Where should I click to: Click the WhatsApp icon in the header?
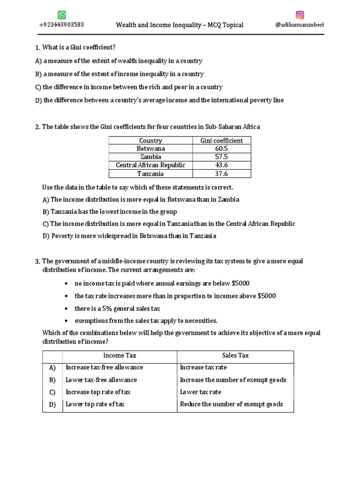tap(62, 15)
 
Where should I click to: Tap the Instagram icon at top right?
tap(300, 15)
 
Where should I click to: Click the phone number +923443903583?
tap(61, 25)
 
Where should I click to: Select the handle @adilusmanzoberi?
tap(300, 25)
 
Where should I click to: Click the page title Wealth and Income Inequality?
tap(180, 25)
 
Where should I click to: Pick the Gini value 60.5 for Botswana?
tap(222, 149)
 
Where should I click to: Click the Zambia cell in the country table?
tap(150, 157)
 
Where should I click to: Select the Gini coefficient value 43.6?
tap(222, 165)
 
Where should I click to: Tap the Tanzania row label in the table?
tap(150, 174)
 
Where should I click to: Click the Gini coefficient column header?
tap(222, 140)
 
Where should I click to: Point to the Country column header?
tap(150, 140)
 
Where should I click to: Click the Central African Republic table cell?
tap(150, 165)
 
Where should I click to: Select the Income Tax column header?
tap(120, 356)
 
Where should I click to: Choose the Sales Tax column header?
tap(235, 356)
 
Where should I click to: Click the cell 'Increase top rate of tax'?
tap(98, 392)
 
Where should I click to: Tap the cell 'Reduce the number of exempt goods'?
tap(232, 404)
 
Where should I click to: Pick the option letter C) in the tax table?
tap(52, 392)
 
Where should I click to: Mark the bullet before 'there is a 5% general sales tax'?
tap(68, 309)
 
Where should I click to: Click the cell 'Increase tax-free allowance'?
tap(104, 367)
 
